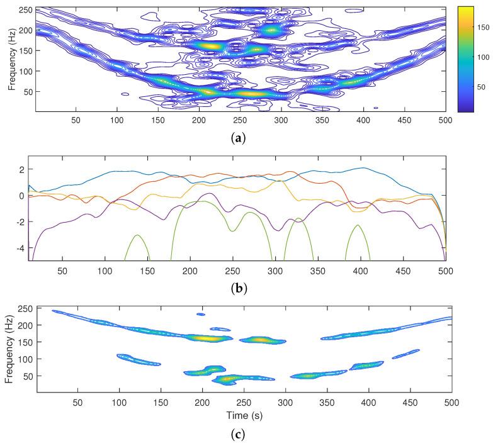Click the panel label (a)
pyautogui.click(x=240, y=135)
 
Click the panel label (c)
pyautogui.click(x=240, y=433)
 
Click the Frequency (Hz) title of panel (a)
pyautogui.click(x=11, y=59)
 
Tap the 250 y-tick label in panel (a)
pyautogui.click(x=25, y=11)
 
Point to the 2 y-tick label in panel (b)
pyautogui.click(x=23, y=170)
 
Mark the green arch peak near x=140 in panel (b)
pyautogui.click(x=137, y=235)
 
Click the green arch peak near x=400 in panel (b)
pyautogui.click(x=358, y=225)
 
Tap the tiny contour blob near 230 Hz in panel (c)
pyautogui.click(x=200, y=314)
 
